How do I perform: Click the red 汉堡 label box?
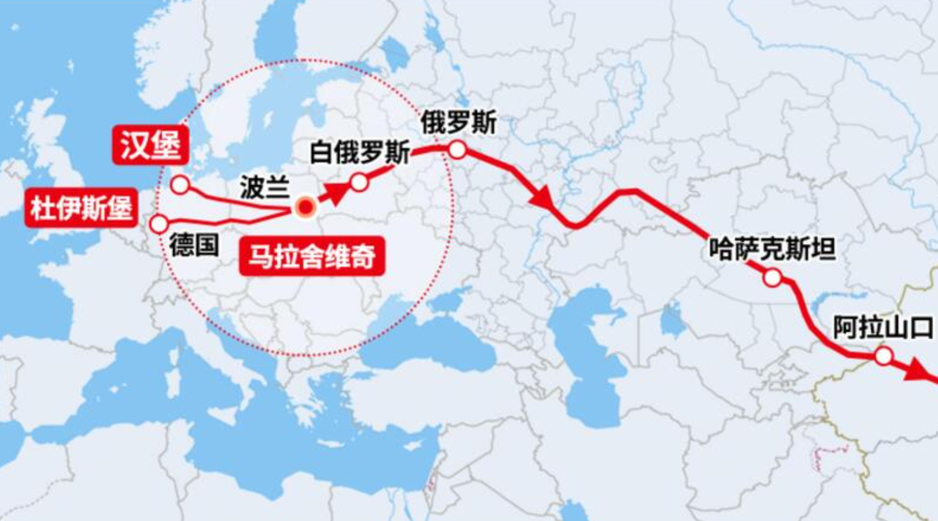(x=150, y=146)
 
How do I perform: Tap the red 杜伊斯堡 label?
(x=81, y=209)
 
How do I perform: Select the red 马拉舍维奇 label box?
(x=311, y=255)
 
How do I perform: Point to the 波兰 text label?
(x=264, y=187)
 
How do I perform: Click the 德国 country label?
(x=194, y=245)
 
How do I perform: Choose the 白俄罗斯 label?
(x=360, y=152)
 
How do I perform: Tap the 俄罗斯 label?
(x=458, y=123)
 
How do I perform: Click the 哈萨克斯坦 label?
(x=772, y=249)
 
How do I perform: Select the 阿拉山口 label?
(x=884, y=327)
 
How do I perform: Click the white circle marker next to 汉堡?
(x=180, y=185)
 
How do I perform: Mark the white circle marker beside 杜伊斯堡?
(x=159, y=224)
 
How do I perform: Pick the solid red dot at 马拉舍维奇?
(x=306, y=208)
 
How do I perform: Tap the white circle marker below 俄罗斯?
(x=457, y=149)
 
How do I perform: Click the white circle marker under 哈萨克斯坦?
(x=772, y=278)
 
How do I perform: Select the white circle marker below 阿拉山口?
(x=884, y=356)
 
